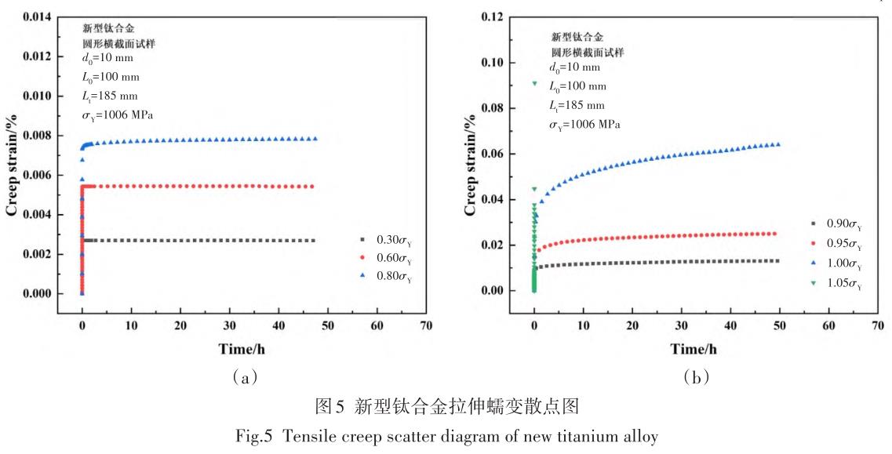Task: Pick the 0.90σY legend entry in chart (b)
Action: coord(832,226)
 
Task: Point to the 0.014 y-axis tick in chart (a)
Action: coord(38,16)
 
